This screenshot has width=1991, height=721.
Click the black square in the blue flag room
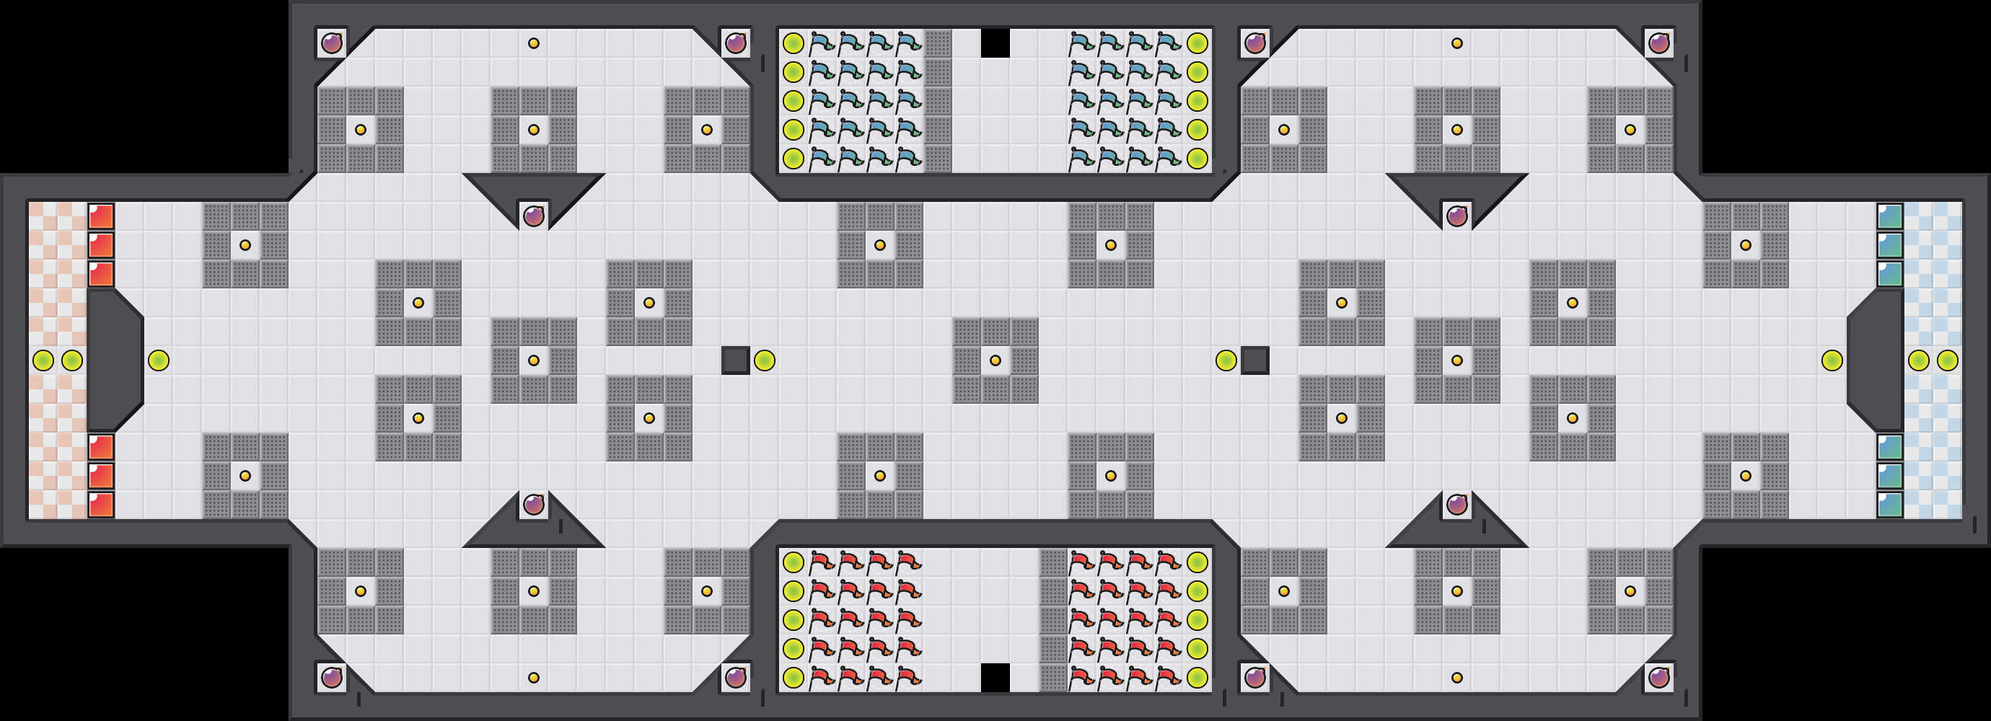(x=995, y=43)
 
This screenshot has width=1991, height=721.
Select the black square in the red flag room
(x=995, y=678)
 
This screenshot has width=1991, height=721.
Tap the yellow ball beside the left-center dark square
(x=765, y=360)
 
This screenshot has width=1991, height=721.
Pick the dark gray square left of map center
(x=735, y=360)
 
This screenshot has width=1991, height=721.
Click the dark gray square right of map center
(x=1254, y=360)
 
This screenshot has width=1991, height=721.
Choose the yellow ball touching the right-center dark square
(x=1226, y=360)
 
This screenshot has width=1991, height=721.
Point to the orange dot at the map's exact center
(x=995, y=360)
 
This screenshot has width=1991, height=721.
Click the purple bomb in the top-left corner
(x=332, y=43)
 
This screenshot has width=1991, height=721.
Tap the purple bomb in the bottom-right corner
(x=1658, y=678)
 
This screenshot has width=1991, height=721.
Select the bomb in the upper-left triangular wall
(x=533, y=216)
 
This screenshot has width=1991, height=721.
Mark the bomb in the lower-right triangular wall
(x=1457, y=505)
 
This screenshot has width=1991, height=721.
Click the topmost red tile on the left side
(x=101, y=216)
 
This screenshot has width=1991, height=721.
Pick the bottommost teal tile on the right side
(x=1890, y=505)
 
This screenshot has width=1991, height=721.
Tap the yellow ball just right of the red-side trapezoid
(x=159, y=360)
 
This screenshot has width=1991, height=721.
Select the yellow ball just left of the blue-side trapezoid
(x=1832, y=360)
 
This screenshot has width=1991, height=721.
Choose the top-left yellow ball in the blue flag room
(x=793, y=43)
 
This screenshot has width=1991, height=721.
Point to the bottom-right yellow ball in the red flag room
(x=1197, y=678)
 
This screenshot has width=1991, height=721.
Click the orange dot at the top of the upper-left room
(x=533, y=43)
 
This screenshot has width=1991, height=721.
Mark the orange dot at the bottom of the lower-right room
(x=1457, y=678)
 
